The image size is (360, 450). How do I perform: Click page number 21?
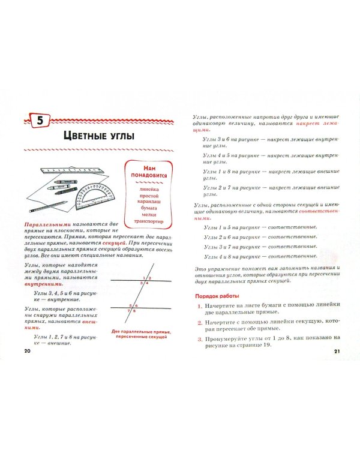[336, 350]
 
